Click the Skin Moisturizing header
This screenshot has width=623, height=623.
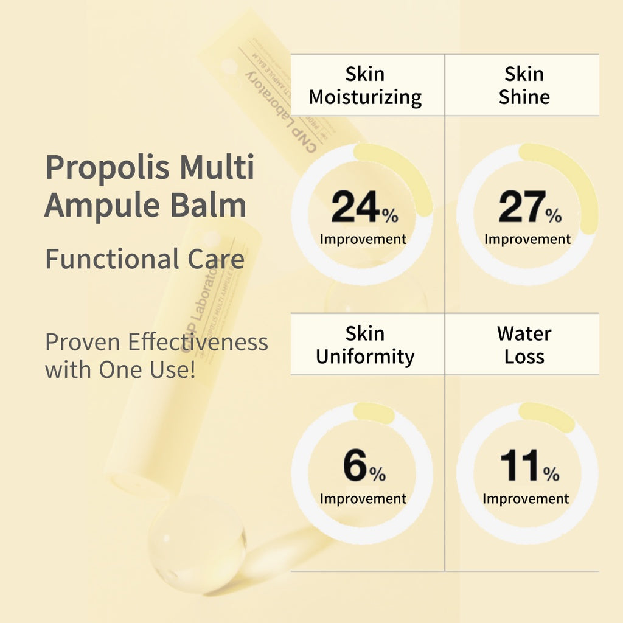[365, 85]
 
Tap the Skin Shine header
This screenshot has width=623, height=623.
[524, 85]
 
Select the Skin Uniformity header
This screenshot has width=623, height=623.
[365, 344]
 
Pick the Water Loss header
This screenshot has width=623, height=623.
[524, 344]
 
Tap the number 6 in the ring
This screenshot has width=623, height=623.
[355, 466]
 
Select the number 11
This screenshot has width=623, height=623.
[520, 466]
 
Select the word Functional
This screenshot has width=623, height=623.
[108, 259]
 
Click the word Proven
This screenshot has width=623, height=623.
[83, 343]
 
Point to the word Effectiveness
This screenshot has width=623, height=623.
[198, 343]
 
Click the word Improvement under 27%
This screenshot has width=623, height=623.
[527, 239]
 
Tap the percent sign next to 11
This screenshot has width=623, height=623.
[552, 475]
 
